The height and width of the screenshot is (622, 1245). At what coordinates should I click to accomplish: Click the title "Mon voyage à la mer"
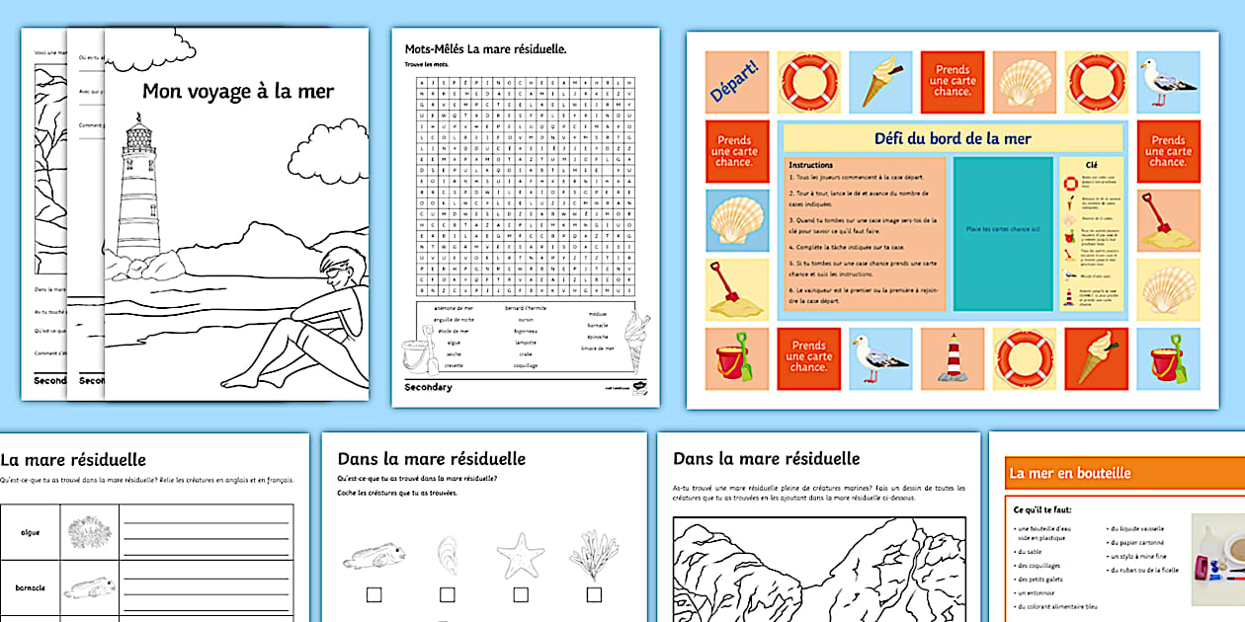[238, 92]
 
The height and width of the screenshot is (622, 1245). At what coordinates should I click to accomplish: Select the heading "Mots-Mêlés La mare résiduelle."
[485, 48]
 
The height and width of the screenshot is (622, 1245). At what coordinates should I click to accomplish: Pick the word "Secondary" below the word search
[428, 387]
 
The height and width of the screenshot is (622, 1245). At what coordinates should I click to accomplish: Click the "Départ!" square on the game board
[736, 82]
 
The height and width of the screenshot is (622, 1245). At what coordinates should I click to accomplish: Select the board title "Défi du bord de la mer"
[952, 138]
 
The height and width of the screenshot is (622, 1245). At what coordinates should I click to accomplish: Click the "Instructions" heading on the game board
[810, 165]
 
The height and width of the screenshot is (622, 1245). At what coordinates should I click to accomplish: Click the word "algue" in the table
[30, 532]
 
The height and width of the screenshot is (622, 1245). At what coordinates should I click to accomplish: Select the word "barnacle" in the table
[30, 587]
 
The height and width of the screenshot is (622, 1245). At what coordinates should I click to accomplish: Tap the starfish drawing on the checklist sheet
[520, 555]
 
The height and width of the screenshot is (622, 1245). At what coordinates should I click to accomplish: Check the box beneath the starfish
[520, 594]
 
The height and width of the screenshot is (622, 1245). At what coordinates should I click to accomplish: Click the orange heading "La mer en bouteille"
[1069, 473]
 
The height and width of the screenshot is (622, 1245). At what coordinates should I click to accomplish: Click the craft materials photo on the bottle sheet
[1217, 560]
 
